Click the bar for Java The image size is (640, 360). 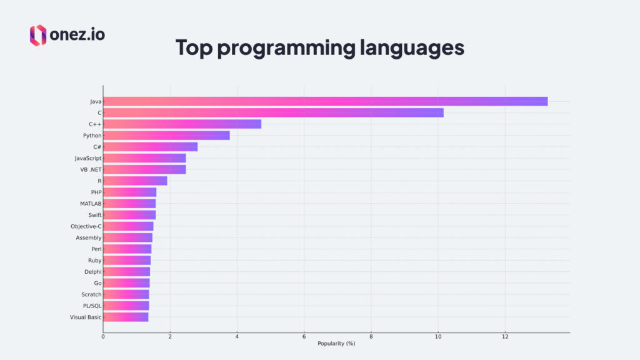click(x=325, y=101)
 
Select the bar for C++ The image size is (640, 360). click(x=182, y=124)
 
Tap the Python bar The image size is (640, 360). click(x=166, y=135)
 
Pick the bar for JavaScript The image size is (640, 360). click(x=144, y=158)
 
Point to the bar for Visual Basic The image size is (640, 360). click(x=126, y=317)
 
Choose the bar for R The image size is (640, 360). click(x=135, y=181)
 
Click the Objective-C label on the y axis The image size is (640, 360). click(x=86, y=226)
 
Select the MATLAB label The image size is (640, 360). click(x=91, y=204)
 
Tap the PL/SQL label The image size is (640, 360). click(x=92, y=306)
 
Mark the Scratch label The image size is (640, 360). click(x=91, y=294)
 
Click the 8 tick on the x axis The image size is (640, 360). click(x=371, y=337)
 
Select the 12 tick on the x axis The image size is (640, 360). click(x=505, y=337)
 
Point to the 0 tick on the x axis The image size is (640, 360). click(x=103, y=337)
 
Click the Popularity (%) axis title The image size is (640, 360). click(x=336, y=344)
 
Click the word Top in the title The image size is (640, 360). click(x=194, y=48)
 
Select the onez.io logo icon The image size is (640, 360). click(x=38, y=35)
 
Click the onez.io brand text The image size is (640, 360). click(x=78, y=35)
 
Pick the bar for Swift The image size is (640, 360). click(x=129, y=215)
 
